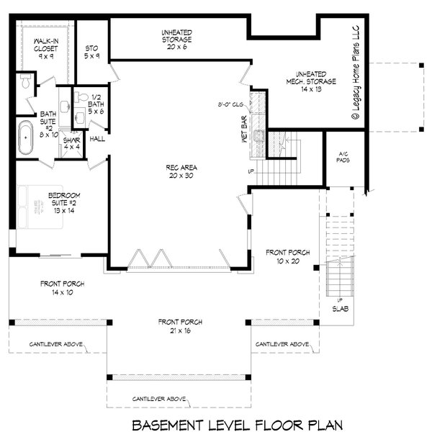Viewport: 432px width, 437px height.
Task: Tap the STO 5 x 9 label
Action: pyautogui.click(x=91, y=51)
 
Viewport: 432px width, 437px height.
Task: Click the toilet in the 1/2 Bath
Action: pyautogui.click(x=81, y=98)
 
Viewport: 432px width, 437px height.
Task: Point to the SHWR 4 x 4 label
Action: pyautogui.click(x=71, y=144)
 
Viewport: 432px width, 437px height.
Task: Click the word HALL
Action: pyautogui.click(x=97, y=138)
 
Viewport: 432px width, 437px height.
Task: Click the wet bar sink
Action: pyautogui.click(x=258, y=134)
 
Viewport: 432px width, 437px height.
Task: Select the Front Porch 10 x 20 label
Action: pyautogui.click(x=288, y=256)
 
